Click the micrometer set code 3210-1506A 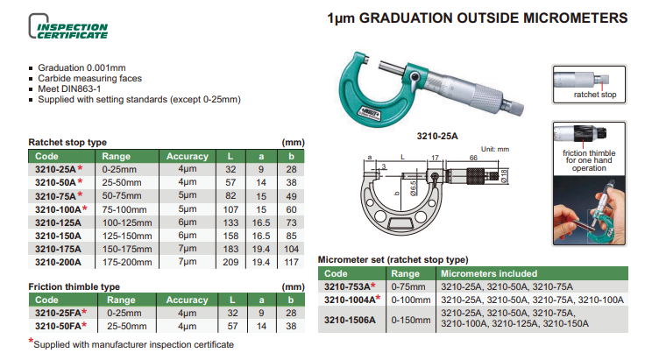pyautogui.click(x=348, y=320)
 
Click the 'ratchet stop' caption pyautogui.click(x=593, y=93)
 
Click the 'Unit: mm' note pyautogui.click(x=495, y=149)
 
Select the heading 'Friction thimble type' pyautogui.click(x=74, y=286)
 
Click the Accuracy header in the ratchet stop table pyautogui.click(x=187, y=156)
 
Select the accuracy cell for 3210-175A pyautogui.click(x=187, y=249)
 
